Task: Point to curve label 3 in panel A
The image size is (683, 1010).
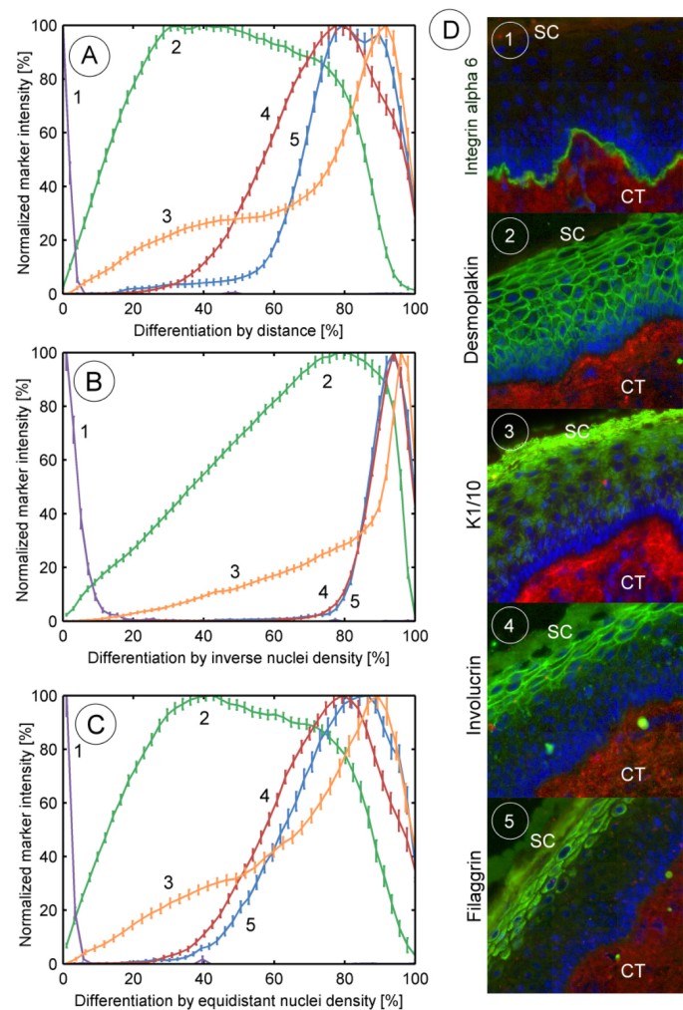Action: coord(166,214)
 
